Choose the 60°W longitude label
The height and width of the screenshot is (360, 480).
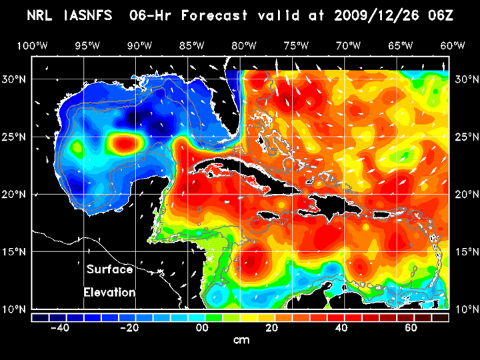453,45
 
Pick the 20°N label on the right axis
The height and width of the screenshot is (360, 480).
465,194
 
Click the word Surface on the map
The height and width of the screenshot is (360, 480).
109,270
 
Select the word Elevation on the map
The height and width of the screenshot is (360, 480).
109,292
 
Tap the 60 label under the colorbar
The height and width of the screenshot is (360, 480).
411,328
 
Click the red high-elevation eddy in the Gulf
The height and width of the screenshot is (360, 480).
125,142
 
